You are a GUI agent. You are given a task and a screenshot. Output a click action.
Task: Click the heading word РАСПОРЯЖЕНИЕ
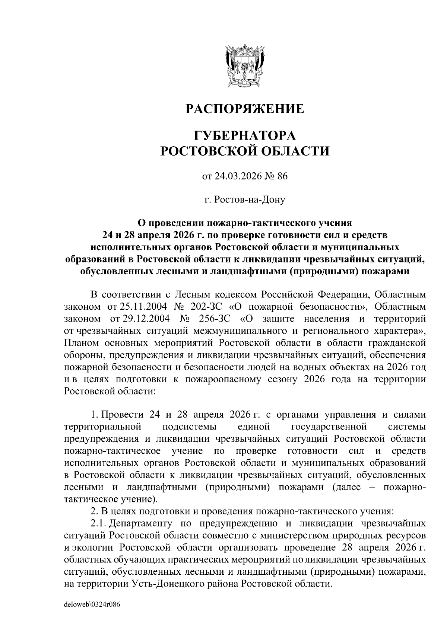click(x=245, y=109)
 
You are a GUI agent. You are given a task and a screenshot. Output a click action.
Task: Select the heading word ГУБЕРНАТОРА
click(x=245, y=135)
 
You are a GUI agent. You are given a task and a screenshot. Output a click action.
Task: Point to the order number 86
click(x=282, y=176)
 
